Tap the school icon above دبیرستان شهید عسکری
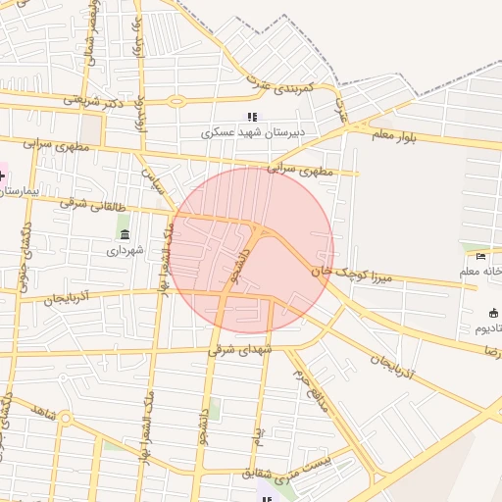pos(252,117)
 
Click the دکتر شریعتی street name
pos(96,99)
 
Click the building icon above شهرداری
pos(125,234)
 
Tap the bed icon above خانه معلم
pos(480,257)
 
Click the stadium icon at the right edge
pos(492,314)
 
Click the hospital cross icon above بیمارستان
pos(2,177)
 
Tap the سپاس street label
pos(152,179)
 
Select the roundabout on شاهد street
pos(65,419)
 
